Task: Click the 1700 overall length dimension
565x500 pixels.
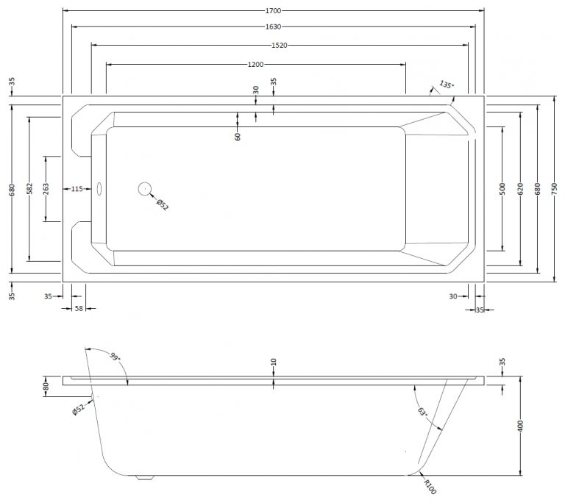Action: click(x=273, y=11)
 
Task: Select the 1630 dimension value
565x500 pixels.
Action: click(x=273, y=26)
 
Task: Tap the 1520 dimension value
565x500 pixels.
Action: click(x=280, y=46)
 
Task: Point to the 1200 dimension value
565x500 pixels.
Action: click(x=255, y=65)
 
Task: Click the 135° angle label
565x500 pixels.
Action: click(x=447, y=85)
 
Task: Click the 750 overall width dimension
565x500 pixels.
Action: click(x=555, y=189)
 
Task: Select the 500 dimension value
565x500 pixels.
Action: click(x=502, y=189)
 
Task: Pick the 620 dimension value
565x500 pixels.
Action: click(x=520, y=189)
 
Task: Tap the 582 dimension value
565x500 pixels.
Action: click(x=29, y=189)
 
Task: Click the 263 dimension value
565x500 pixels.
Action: click(x=46, y=189)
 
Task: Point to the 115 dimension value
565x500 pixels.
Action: click(x=77, y=189)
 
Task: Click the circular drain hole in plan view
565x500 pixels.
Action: click(x=145, y=189)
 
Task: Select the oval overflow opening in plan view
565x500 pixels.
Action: click(x=99, y=189)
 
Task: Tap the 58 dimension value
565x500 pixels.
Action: click(x=79, y=308)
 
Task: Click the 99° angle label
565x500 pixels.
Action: click(x=114, y=357)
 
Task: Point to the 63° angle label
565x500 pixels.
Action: click(x=422, y=413)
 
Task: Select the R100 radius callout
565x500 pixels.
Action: click(x=430, y=487)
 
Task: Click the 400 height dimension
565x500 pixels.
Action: click(x=520, y=426)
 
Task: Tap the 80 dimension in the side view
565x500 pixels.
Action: click(x=46, y=387)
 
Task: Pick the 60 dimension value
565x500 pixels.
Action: click(x=238, y=137)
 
